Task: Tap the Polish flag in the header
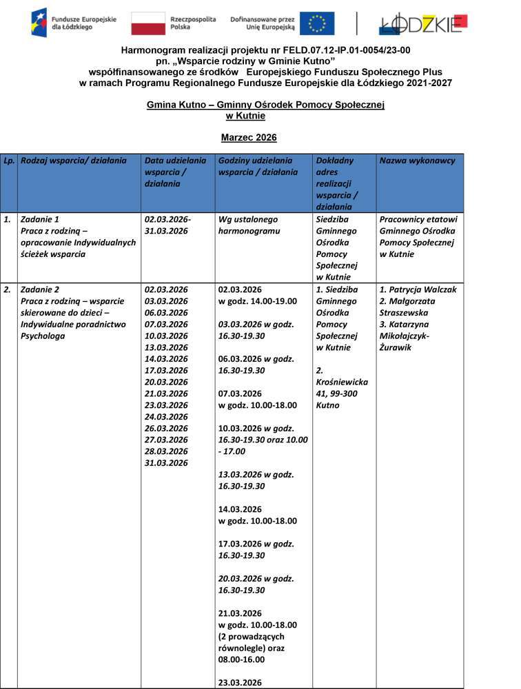tap(148, 23)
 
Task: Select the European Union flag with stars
tap(317, 23)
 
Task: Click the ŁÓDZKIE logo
tap(422, 23)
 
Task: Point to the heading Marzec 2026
tap(249, 138)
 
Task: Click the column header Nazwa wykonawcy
tap(417, 161)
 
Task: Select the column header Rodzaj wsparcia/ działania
tap(74, 161)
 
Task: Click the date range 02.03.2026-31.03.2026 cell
tap(167, 225)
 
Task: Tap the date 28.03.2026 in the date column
tap(166, 451)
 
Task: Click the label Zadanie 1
tap(40, 219)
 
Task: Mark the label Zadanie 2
tap(40, 289)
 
